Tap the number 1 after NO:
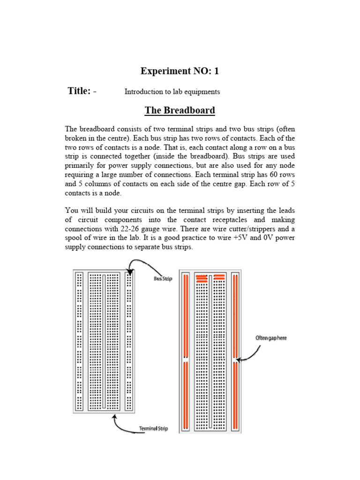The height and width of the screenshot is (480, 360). (x=216, y=71)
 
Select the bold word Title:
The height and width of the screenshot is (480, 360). (x=79, y=91)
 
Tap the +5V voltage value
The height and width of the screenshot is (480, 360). (x=248, y=238)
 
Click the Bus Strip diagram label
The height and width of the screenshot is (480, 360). (x=163, y=279)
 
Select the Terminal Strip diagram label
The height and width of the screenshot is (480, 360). (x=153, y=428)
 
